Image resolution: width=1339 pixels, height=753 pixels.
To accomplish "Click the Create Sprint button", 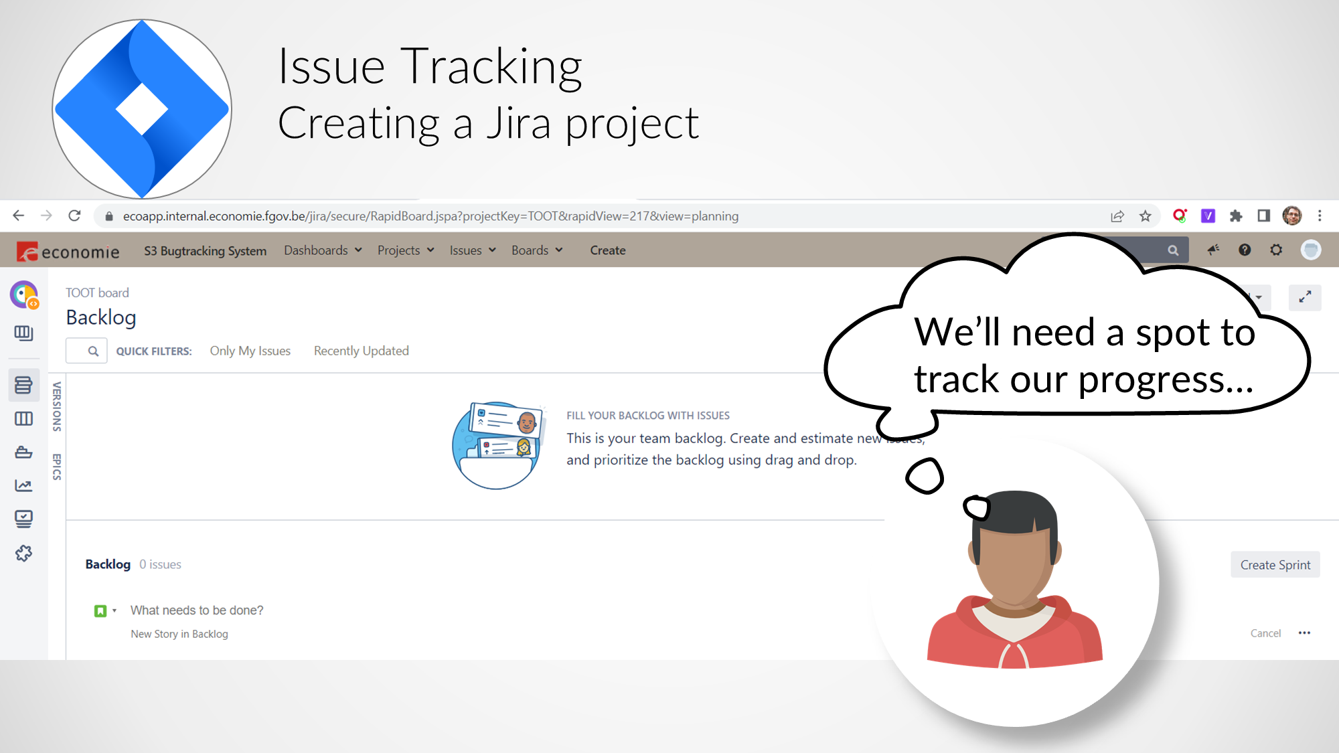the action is tap(1275, 565).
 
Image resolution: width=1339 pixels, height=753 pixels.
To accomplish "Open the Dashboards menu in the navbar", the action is tap(323, 250).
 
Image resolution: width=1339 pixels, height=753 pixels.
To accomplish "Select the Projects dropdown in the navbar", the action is tap(406, 250).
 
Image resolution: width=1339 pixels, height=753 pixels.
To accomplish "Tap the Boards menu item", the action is tap(537, 250).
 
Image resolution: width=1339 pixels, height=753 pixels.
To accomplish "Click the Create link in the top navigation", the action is tap(608, 250).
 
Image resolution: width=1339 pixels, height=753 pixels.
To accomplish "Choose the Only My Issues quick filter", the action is tap(250, 351).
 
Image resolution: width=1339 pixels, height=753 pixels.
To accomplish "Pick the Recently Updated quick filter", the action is tap(362, 351).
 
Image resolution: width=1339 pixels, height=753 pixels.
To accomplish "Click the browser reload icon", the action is tap(74, 216).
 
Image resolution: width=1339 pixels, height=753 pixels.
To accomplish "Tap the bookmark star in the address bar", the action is tap(1146, 216).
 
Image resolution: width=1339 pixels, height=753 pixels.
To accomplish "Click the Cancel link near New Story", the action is tap(1265, 633).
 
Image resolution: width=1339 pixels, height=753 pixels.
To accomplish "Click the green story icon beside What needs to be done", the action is tap(100, 610).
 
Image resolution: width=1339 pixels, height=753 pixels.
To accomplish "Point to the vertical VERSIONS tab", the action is tap(57, 406).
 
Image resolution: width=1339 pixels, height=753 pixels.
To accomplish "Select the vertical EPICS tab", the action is tap(57, 467).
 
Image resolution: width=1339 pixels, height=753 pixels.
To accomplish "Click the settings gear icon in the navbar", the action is tap(1276, 250).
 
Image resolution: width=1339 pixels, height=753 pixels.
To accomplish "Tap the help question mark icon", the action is tap(1245, 250).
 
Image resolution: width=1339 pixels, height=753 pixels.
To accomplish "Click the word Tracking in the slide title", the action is tap(491, 68).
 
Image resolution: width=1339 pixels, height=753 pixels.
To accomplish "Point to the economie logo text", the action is tap(80, 252).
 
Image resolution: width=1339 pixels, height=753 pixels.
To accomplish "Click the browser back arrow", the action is tap(19, 216).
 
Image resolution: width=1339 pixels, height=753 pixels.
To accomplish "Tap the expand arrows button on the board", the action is tap(1305, 297).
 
